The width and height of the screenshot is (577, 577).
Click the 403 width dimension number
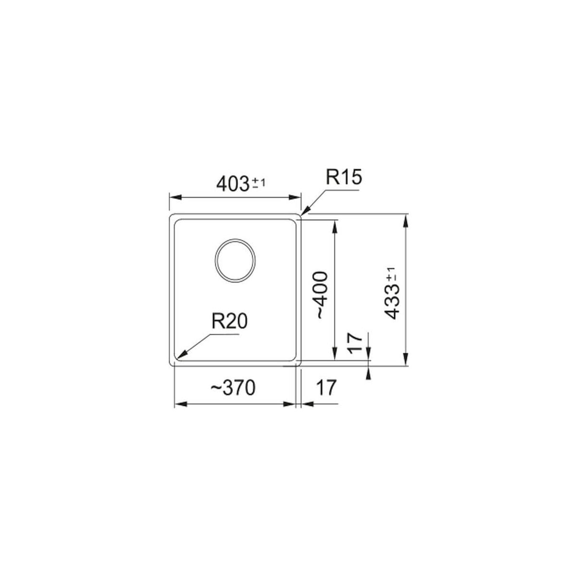click(x=232, y=184)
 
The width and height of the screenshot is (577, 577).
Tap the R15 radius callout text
click(x=344, y=177)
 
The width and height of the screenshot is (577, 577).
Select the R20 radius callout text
click(x=230, y=321)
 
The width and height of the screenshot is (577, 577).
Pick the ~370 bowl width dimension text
click(x=233, y=388)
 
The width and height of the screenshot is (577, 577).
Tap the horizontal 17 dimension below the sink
click(x=326, y=388)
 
